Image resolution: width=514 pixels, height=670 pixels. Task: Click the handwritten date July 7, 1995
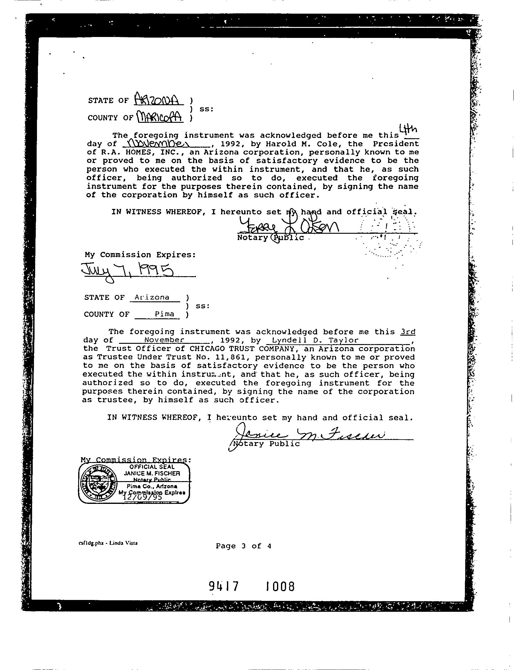127,270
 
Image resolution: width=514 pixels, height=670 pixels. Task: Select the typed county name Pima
165,314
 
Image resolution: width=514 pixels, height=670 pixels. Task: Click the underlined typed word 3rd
408,332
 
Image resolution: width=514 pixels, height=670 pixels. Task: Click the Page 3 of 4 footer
244,546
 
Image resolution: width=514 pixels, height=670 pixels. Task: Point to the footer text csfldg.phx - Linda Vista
108,543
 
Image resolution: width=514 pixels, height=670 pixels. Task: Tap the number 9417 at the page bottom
223,586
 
